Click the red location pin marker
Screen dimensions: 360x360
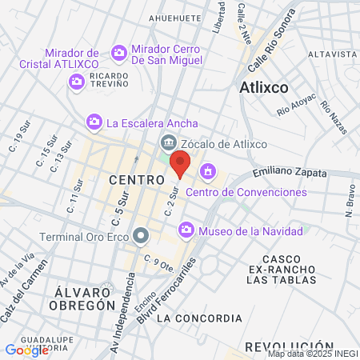[x=181, y=166]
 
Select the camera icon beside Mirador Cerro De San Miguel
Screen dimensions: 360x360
[x=119, y=53]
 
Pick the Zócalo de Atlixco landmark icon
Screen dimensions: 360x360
[x=168, y=143]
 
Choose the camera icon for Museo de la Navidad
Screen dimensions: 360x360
[x=186, y=230]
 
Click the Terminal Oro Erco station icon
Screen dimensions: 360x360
[x=142, y=236]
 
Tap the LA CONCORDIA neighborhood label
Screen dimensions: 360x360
[x=198, y=318]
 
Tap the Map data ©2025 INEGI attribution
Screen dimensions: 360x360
[x=311, y=354]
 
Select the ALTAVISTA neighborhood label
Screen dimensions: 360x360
[x=330, y=54]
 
